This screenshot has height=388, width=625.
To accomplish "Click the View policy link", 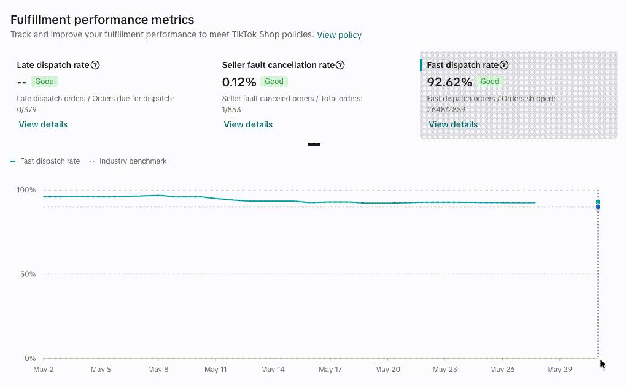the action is click(339, 35).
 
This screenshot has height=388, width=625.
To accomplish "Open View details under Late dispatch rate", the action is click(43, 124).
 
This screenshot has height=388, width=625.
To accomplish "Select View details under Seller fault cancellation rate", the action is click(248, 124).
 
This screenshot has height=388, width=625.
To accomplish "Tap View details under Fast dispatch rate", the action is click(453, 124).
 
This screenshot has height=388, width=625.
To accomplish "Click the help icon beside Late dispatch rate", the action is click(95, 65).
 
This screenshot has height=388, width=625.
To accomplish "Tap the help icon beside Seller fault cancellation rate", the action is click(340, 65).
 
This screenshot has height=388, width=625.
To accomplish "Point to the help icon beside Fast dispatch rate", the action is click(504, 65).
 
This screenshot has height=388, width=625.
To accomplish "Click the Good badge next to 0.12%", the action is click(274, 82).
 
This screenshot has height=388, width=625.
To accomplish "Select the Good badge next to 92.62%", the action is click(490, 82).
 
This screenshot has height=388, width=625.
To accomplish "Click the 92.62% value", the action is click(449, 82).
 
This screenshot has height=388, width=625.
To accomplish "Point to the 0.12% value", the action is click(239, 82).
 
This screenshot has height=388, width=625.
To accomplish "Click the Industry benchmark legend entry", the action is click(128, 161).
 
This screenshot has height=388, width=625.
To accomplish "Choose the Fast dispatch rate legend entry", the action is click(45, 161).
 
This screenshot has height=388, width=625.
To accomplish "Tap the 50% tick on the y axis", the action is click(28, 274).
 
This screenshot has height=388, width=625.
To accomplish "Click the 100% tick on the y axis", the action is click(26, 190).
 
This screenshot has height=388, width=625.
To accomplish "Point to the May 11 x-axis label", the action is click(215, 370).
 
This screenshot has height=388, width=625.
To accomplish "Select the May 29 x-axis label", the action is click(560, 370).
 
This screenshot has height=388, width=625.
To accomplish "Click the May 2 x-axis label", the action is click(44, 370).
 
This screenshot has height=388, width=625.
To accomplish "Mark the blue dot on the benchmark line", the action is click(598, 207).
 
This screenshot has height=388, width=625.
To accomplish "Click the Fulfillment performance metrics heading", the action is click(103, 20).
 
